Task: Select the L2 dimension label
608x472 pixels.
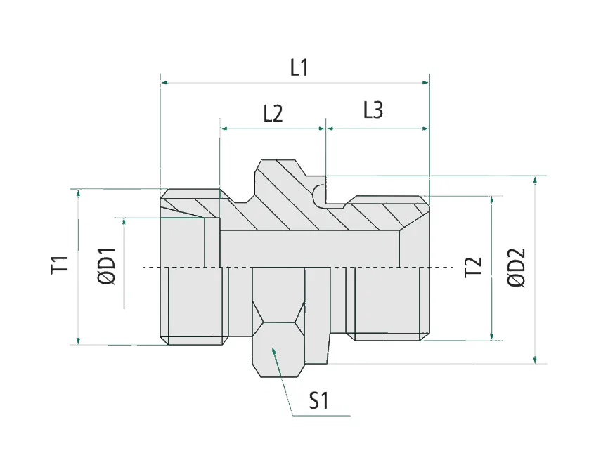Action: (273, 114)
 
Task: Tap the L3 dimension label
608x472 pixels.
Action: (373, 110)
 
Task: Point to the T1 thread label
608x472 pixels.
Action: (60, 265)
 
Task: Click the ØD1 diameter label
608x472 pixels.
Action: (107, 266)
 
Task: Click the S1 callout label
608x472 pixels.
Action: (319, 401)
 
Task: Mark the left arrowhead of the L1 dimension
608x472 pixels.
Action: (164, 83)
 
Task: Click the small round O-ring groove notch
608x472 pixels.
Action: (321, 195)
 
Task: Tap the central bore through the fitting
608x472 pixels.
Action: (309, 249)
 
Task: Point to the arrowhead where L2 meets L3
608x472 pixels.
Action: (325, 129)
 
